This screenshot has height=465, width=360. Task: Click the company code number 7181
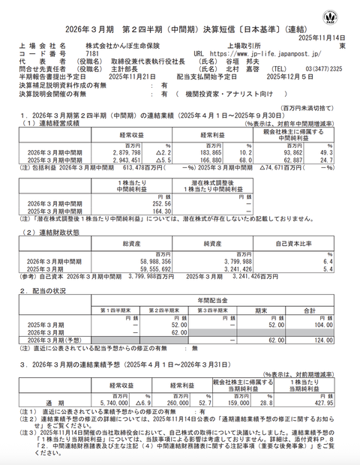tap(92, 55)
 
